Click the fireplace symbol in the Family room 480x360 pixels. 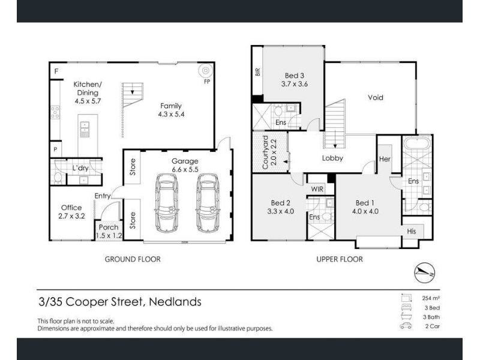(205, 71)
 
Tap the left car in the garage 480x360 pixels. (167, 203)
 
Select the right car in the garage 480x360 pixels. (207, 203)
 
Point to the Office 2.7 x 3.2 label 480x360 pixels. (71, 212)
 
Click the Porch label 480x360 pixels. (109, 227)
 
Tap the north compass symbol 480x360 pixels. (425, 272)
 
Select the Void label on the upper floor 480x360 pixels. (376, 97)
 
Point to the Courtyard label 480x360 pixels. (265, 152)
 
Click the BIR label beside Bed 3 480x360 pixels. (257, 72)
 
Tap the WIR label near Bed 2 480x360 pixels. (317, 189)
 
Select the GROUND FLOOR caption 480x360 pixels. (133, 259)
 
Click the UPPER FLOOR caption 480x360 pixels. (340, 259)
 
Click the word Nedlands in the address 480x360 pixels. (175, 302)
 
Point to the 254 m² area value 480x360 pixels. (431, 298)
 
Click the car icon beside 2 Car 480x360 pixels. (406, 326)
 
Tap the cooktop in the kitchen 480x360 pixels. (55, 112)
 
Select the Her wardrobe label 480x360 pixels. (385, 159)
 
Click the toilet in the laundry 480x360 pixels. (58, 177)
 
